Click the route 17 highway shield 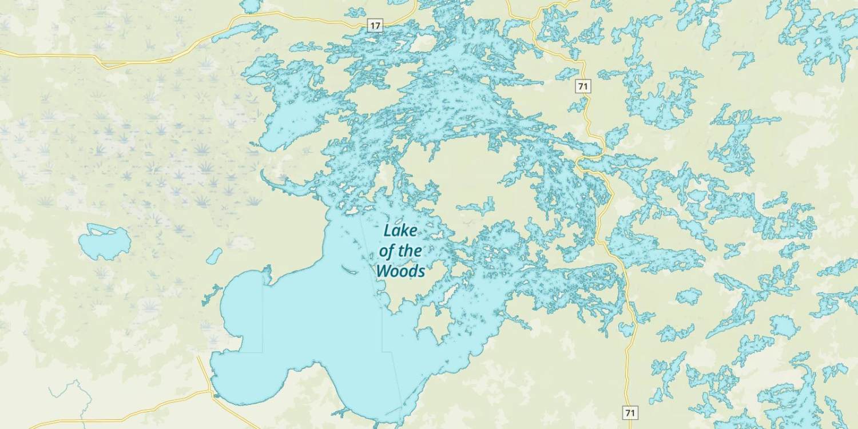(375, 25)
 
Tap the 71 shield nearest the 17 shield (583, 86)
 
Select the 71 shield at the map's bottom (630, 412)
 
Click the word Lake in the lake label (400, 231)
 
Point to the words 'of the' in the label (400, 251)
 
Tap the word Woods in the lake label (400, 271)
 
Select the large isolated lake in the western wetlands (104, 241)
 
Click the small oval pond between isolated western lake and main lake (214, 256)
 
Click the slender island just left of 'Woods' (349, 269)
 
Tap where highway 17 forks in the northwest (172, 59)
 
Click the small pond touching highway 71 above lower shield (627, 329)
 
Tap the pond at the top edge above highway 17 (250, 6)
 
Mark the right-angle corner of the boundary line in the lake (263, 352)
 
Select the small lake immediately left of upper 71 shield (567, 73)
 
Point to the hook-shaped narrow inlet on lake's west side (275, 183)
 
